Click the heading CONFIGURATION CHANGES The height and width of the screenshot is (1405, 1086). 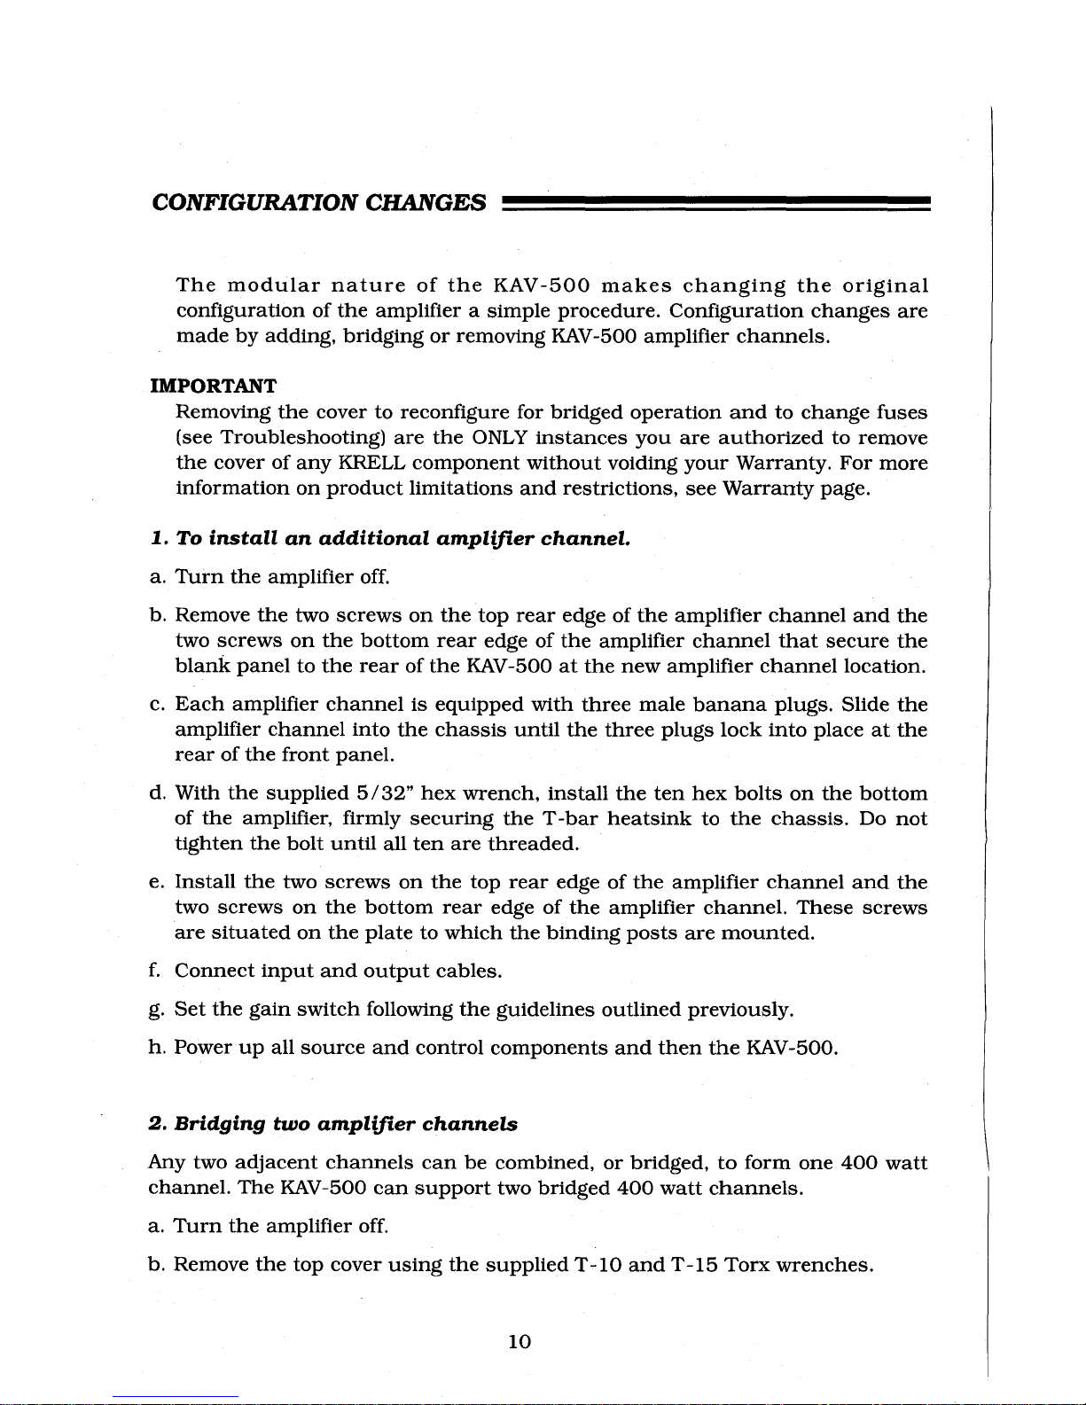click(x=319, y=203)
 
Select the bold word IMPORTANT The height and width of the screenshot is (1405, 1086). click(x=213, y=386)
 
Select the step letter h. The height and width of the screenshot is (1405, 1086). click(x=155, y=1048)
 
